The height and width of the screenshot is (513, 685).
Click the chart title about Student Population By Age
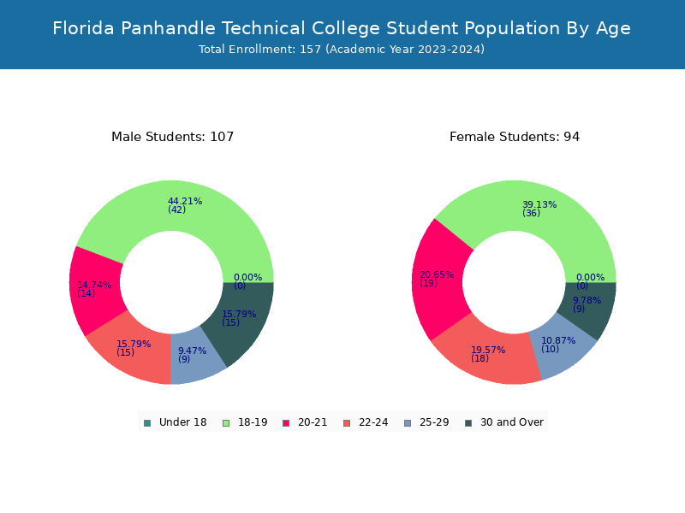pos(342,28)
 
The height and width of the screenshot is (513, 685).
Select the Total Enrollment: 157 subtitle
pos(342,50)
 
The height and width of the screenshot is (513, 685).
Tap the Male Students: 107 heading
pos(173,137)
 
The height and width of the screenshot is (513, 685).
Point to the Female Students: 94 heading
pos(515,137)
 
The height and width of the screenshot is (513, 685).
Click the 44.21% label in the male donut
pos(185,201)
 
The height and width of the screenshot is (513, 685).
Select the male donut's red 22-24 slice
pos(131,353)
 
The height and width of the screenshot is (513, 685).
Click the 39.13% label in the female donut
pos(539,204)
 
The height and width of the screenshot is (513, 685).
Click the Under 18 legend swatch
pos(147,423)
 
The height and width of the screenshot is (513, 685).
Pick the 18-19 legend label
pos(253,422)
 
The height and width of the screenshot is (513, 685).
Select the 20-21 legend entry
pos(305,422)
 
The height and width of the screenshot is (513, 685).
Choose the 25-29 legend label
pos(434,422)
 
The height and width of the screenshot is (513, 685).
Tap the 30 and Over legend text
pos(512,422)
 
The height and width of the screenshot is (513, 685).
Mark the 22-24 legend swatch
pos(347,423)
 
